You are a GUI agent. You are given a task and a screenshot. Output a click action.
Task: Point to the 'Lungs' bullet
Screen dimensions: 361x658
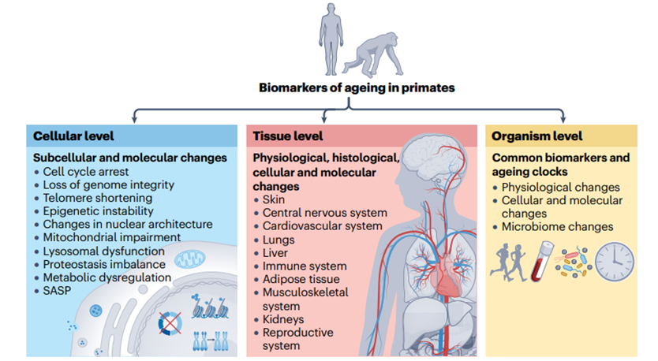tap(278, 240)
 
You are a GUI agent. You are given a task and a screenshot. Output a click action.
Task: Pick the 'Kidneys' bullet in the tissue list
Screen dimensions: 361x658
tap(284, 319)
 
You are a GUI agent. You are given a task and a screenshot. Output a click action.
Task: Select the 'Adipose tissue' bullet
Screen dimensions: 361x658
tap(301, 279)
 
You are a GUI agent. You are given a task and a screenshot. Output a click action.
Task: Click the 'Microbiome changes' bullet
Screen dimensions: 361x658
tap(557, 227)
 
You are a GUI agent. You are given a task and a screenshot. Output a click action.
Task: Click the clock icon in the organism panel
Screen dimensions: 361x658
tap(615, 262)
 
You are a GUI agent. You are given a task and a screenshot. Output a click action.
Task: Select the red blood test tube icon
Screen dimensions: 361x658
tap(540, 261)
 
